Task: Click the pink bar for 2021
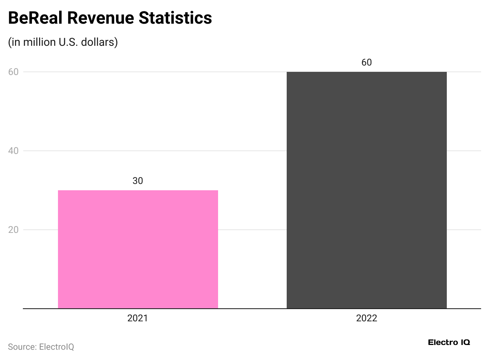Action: (x=138, y=249)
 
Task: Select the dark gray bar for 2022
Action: (x=366, y=190)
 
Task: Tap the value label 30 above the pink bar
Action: (x=138, y=181)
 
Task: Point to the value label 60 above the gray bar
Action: (x=366, y=62)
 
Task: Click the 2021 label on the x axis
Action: (x=138, y=318)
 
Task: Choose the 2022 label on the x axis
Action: (x=366, y=318)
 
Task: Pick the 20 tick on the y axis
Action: (x=14, y=230)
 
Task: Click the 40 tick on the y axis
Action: (x=14, y=151)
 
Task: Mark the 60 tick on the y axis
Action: (x=14, y=72)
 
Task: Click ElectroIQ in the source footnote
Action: (x=56, y=347)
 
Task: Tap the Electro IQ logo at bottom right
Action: (x=449, y=342)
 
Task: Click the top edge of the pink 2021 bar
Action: (x=138, y=191)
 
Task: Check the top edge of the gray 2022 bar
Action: (x=366, y=72)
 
